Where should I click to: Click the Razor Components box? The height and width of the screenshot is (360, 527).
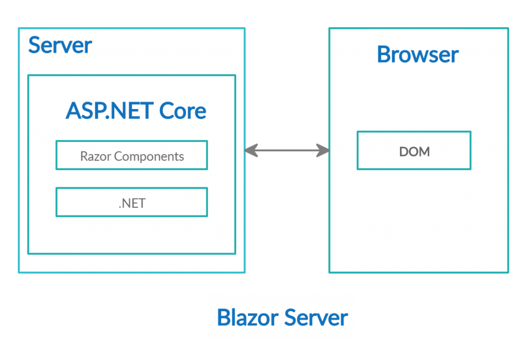[x=132, y=155]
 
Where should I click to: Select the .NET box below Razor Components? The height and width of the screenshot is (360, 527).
[x=132, y=202]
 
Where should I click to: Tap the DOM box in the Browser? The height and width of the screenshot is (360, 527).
[x=414, y=151]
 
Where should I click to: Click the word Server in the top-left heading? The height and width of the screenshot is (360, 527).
[x=60, y=45]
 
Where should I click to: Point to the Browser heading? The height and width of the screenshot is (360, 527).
[x=418, y=55]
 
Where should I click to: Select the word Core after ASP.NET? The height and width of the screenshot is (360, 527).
[x=183, y=111]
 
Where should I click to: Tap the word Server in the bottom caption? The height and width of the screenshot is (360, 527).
[x=316, y=318]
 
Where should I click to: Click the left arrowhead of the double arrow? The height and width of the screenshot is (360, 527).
[x=251, y=151]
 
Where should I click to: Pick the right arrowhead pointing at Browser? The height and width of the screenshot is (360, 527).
[x=323, y=151]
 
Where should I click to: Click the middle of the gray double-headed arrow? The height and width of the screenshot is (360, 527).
[x=287, y=151]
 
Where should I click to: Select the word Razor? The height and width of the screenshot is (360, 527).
[x=95, y=156]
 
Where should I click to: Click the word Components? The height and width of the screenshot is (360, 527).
[x=149, y=157]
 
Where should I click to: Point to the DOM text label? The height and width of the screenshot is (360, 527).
[x=414, y=152]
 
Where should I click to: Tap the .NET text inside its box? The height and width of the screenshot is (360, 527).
[x=132, y=204]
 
